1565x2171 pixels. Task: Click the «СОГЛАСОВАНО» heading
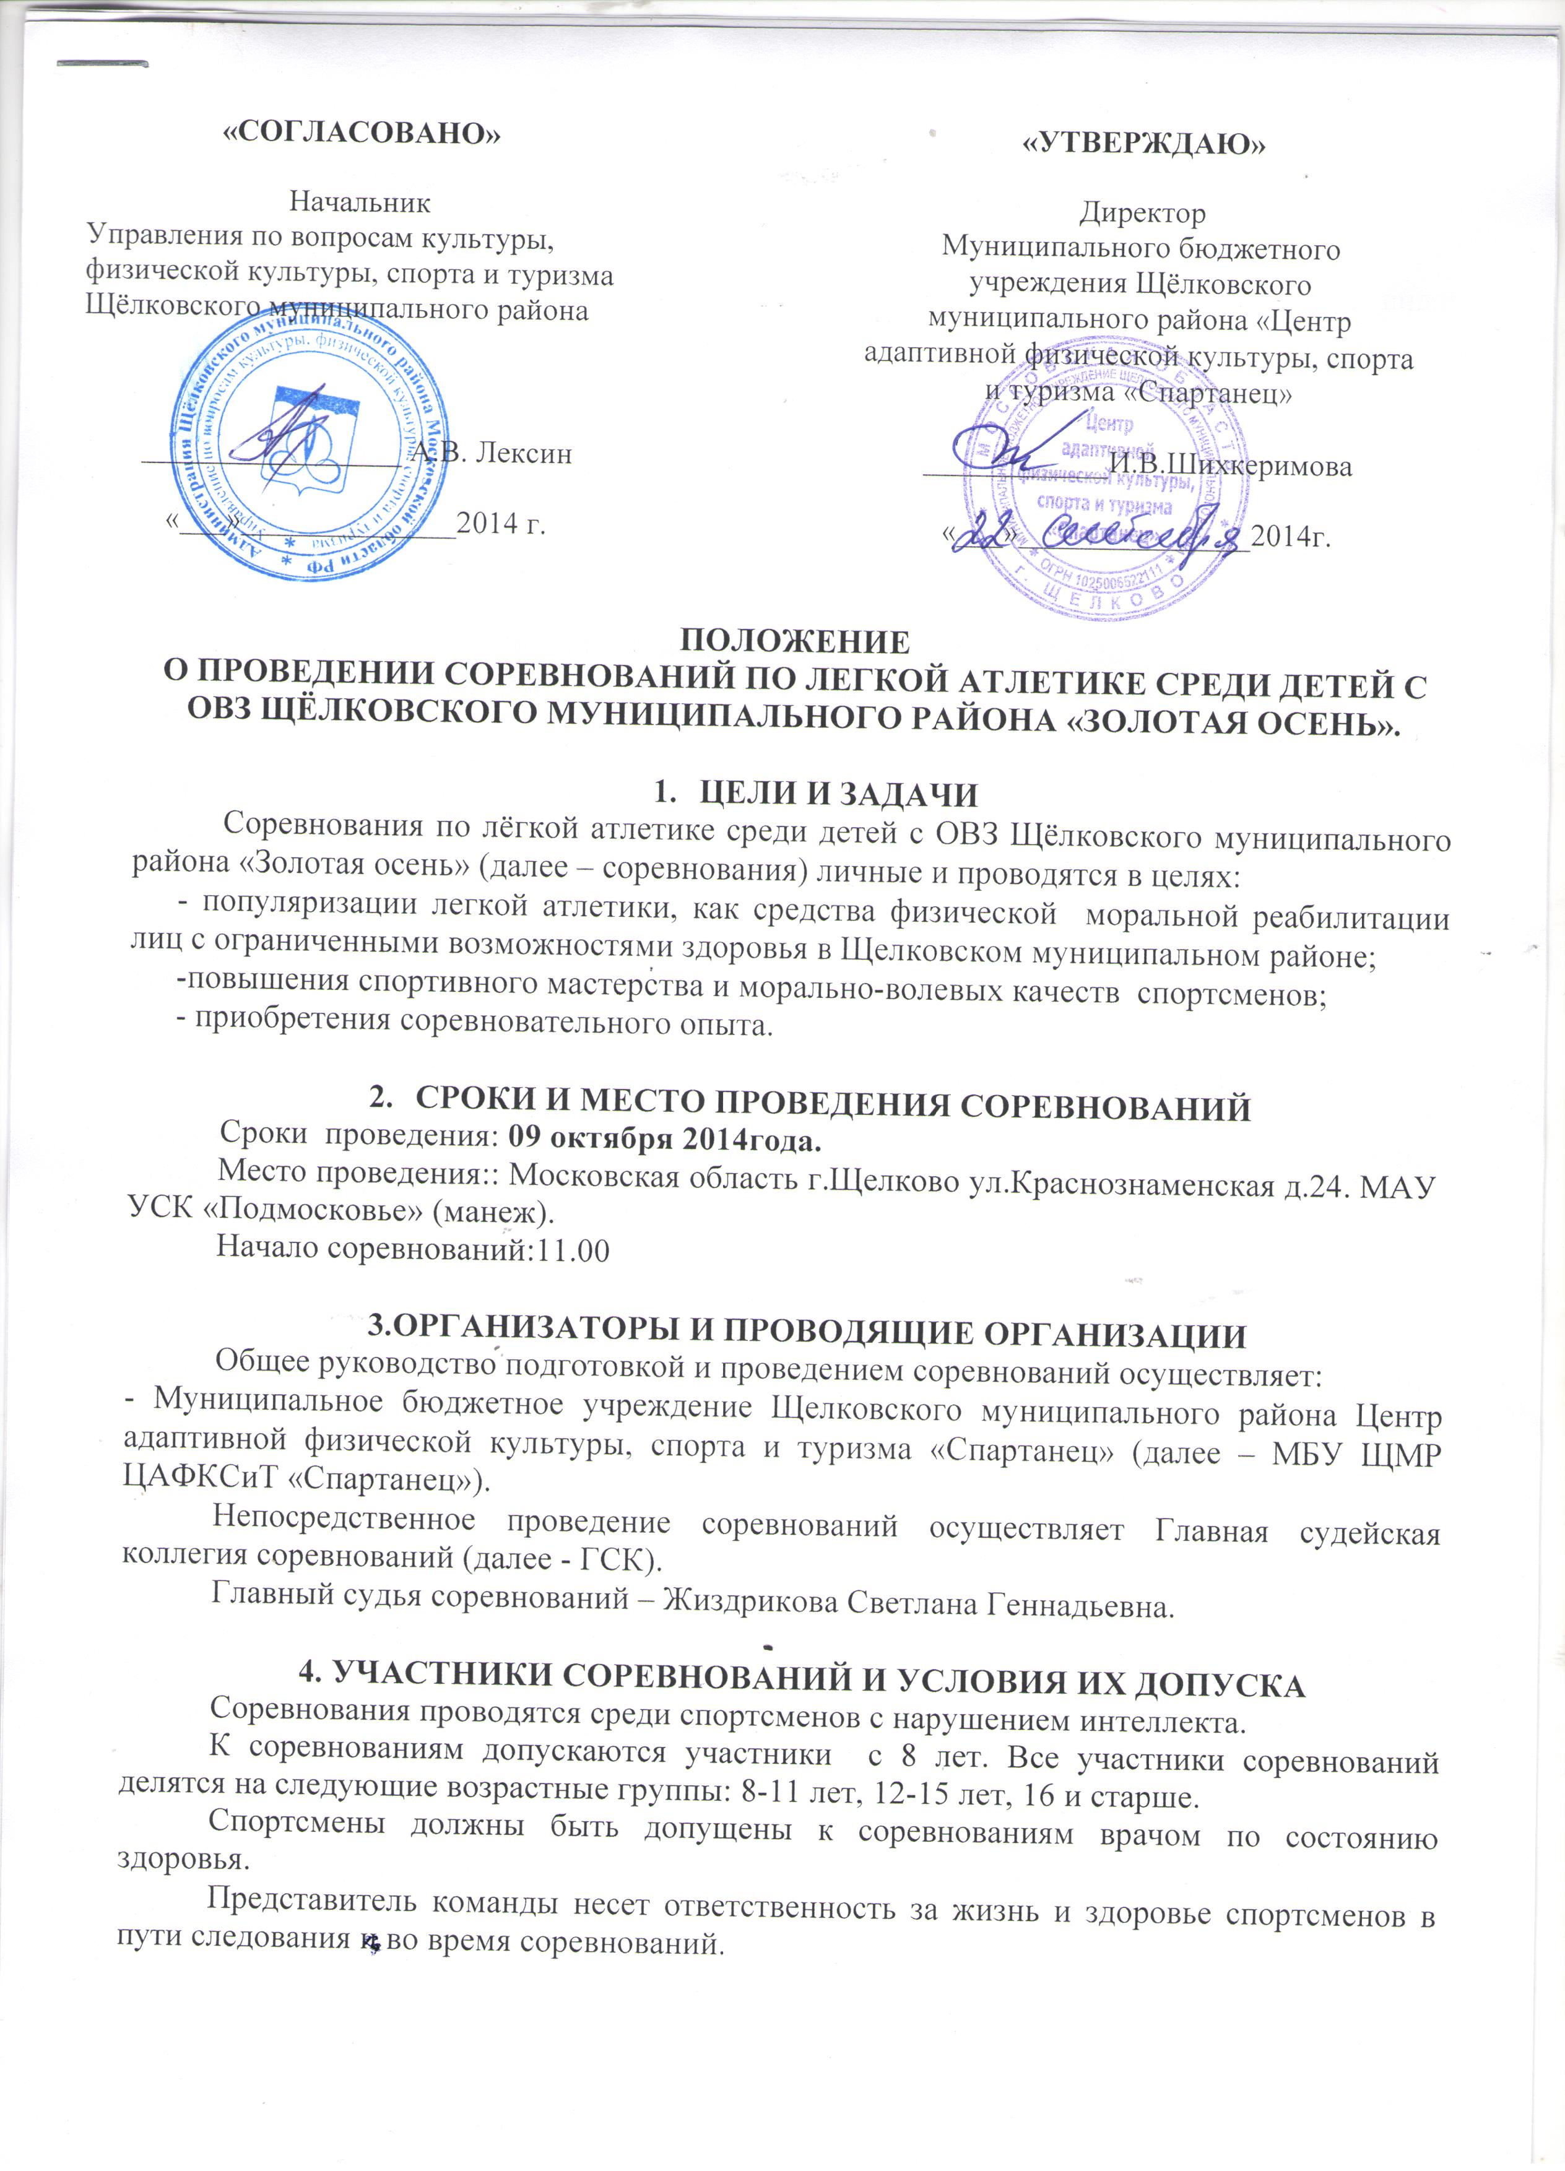(x=361, y=133)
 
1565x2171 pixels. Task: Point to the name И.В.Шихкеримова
(x=1231, y=467)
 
